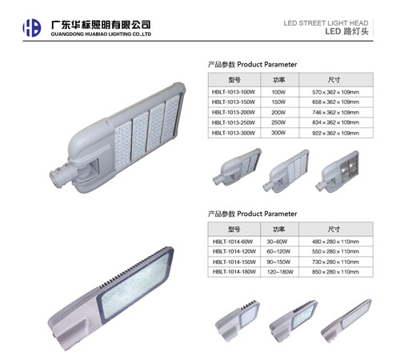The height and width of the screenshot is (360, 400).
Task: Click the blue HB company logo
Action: [x=32, y=28]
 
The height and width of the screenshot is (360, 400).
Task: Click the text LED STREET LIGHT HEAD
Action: [x=326, y=23]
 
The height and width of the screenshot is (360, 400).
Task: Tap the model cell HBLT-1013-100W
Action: [x=234, y=92]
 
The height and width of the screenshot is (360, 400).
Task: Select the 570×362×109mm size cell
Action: [x=335, y=92]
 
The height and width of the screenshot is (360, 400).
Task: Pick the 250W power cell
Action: [x=278, y=122]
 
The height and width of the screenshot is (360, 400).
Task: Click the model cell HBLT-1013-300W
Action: [x=234, y=133]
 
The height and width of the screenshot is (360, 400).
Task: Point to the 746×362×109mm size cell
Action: [x=335, y=113]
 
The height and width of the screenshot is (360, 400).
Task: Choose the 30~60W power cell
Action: [x=277, y=242]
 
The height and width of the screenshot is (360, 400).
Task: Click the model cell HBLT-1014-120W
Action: [x=234, y=251]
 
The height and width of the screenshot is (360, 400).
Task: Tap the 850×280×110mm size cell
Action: [x=335, y=272]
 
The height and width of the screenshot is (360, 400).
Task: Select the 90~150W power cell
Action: [x=278, y=262]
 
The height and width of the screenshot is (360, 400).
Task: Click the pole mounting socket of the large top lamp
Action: [x=59, y=176]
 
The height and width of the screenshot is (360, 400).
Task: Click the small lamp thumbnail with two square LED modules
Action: [x=337, y=171]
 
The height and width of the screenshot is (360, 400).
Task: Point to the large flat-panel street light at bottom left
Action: [x=110, y=298]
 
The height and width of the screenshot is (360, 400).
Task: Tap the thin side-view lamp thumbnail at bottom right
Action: [x=346, y=321]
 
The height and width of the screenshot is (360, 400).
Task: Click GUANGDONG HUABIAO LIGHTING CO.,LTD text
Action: [x=101, y=34]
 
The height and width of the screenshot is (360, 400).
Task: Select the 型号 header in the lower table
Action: [x=234, y=229]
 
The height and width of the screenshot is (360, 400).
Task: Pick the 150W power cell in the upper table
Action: [x=278, y=102]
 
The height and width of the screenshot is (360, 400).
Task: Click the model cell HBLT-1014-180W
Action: [x=234, y=272]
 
